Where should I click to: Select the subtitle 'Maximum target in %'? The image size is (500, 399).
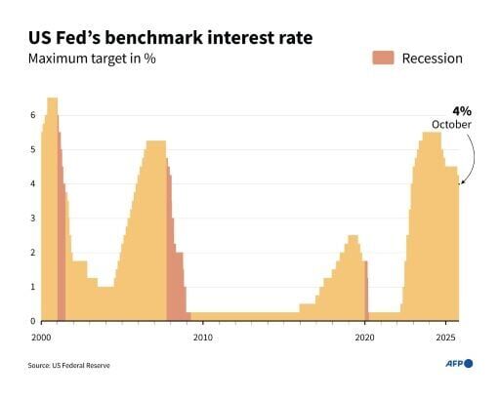coord(92,60)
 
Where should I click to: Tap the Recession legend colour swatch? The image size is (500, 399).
coord(383,58)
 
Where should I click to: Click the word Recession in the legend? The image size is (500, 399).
coord(433,59)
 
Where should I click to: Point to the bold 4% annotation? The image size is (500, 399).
coord(460,110)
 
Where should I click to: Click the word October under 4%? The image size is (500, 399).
coord(451,125)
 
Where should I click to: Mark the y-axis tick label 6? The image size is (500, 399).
coord(32,115)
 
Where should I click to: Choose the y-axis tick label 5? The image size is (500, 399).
coord(32,149)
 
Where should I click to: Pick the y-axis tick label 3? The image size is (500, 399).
coord(32,219)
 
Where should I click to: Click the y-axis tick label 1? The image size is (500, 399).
coord(32,287)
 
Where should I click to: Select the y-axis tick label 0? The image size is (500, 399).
coord(32,321)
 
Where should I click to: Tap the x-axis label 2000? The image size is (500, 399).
coord(41,337)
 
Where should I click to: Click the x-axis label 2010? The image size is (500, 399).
coord(203,337)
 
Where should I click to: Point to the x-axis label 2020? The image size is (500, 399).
coord(364,337)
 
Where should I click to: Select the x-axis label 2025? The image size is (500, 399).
coord(444,337)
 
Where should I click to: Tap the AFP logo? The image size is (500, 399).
coord(457,363)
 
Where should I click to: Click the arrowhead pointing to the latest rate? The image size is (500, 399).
coord(461,181)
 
